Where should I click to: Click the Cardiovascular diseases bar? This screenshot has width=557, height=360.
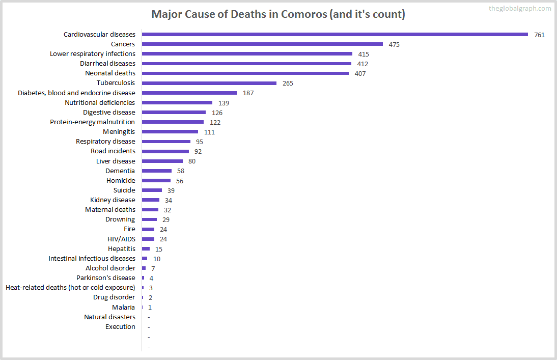pyautogui.click(x=335, y=35)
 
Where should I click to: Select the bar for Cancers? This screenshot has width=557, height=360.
pyautogui.click(x=262, y=44)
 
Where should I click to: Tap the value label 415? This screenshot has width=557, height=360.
pyautogui.click(x=363, y=54)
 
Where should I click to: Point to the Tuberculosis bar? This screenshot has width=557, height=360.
pyautogui.click(x=209, y=83)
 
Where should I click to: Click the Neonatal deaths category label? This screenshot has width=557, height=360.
pyautogui.click(x=110, y=73)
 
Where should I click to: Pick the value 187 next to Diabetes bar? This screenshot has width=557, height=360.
pyautogui.click(x=248, y=93)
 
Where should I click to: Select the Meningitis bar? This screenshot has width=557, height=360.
pyautogui.click(x=170, y=132)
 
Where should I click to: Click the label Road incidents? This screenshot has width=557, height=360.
pyautogui.click(x=113, y=151)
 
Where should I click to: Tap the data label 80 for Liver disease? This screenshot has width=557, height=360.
pyautogui.click(x=191, y=161)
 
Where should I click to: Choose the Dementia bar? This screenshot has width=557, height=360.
pyautogui.click(x=157, y=171)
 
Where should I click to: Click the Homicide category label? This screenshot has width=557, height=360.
pyautogui.click(x=121, y=181)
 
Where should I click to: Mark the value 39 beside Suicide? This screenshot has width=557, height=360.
pyautogui.click(x=171, y=190)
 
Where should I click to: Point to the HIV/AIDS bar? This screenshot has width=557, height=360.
pyautogui.click(x=148, y=239)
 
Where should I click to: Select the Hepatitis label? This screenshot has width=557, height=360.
pyautogui.click(x=121, y=249)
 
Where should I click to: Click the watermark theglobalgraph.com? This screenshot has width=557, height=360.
pyautogui.click(x=519, y=8)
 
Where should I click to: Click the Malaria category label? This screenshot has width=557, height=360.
pyautogui.click(x=123, y=307)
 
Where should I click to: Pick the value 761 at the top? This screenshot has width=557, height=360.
pyautogui.click(x=539, y=35)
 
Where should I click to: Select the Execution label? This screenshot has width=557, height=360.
pyautogui.click(x=120, y=327)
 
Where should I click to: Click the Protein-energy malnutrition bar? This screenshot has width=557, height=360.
pyautogui.click(x=173, y=122)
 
